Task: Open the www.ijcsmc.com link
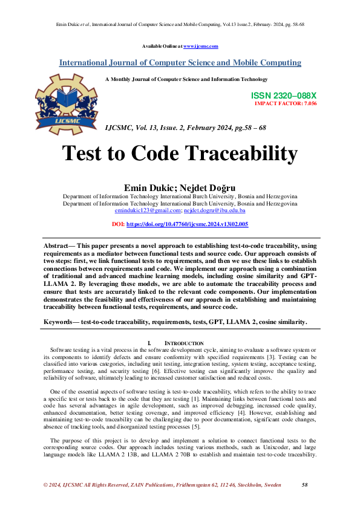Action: tap(200, 47)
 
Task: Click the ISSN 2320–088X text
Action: tap(283, 96)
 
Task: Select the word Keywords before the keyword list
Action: tap(61, 322)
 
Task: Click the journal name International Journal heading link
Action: tap(180, 63)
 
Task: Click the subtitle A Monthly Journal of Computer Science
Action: tap(186, 79)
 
